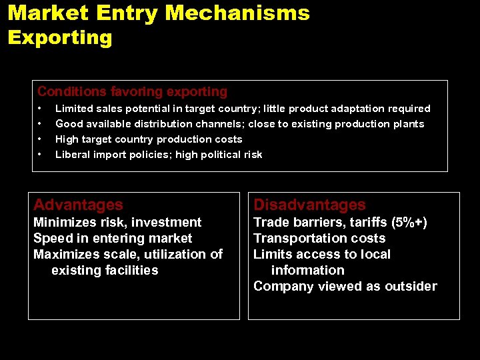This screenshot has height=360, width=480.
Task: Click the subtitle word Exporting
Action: coord(60,37)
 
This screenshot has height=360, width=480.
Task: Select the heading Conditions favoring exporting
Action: coord(132,91)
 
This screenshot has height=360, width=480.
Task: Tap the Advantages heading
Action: coord(78,205)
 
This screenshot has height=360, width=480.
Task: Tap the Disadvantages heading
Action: coord(309,205)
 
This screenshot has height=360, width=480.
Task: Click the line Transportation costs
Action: coord(319,238)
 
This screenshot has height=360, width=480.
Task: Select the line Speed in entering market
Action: coord(113,238)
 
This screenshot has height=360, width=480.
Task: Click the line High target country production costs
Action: coord(149,139)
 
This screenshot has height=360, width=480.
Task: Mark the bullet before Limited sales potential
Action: coord(41,108)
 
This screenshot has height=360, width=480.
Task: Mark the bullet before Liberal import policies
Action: coord(41,154)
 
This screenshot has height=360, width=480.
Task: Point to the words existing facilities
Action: coord(105,270)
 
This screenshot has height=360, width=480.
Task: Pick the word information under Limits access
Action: coord(307,270)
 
